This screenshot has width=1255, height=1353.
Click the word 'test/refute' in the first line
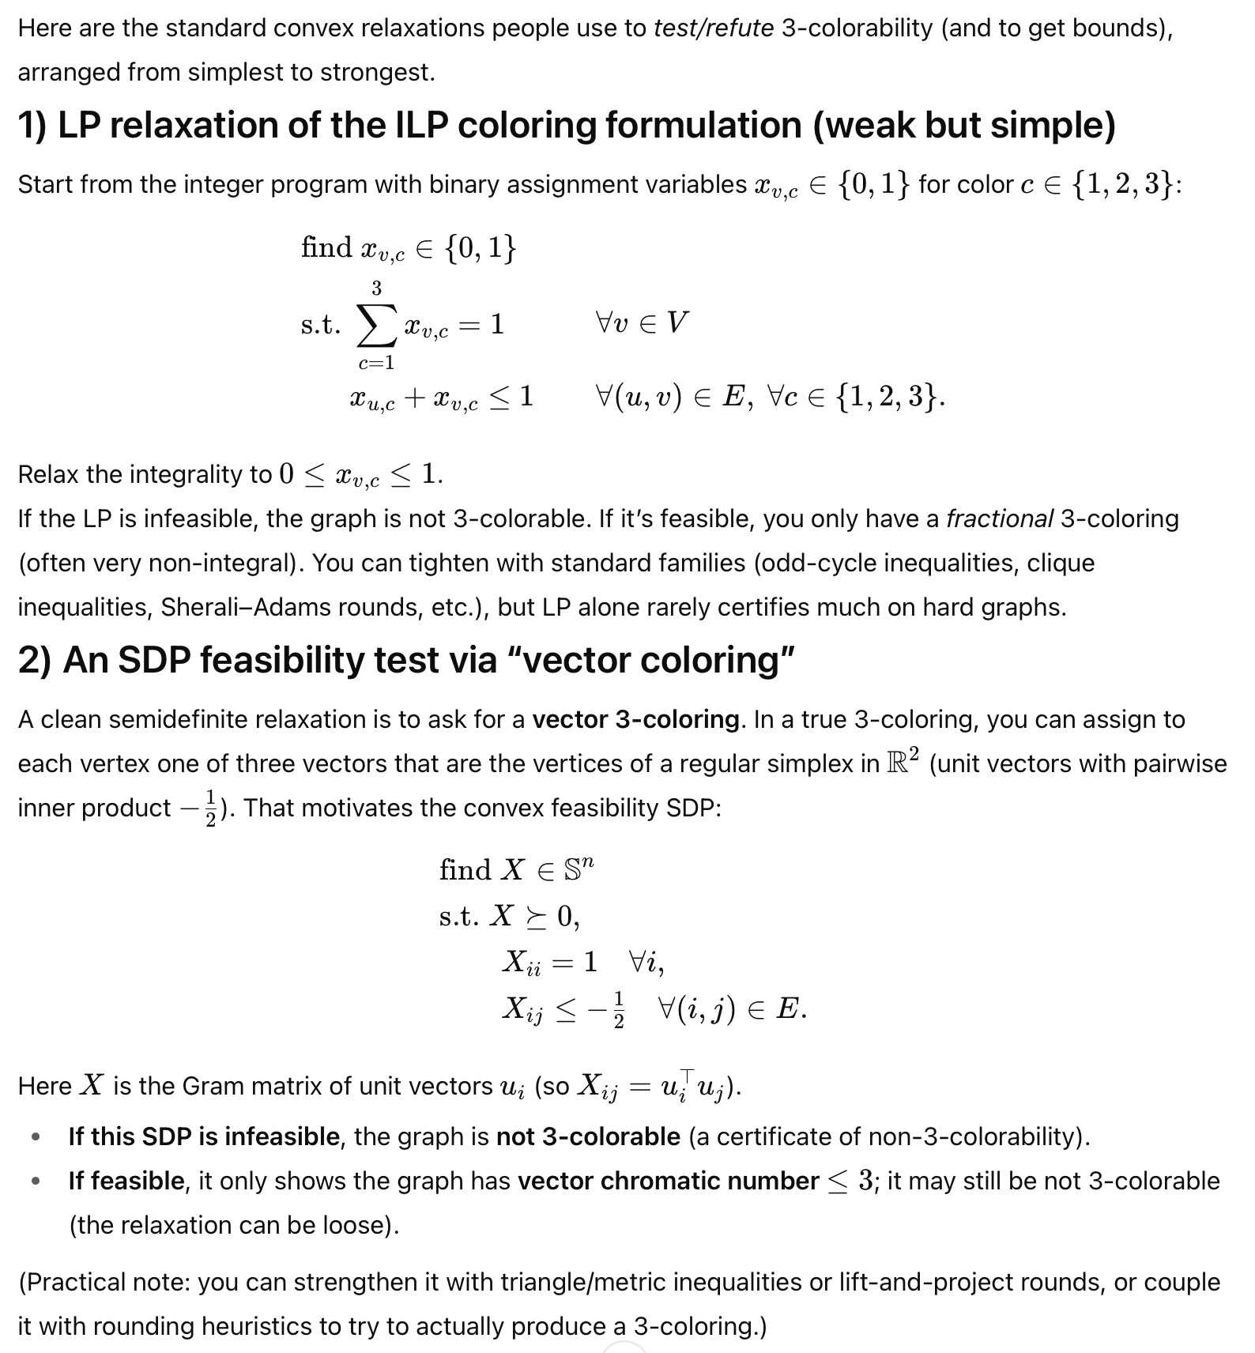(x=713, y=28)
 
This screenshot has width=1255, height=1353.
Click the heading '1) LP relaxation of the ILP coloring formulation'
(x=566, y=126)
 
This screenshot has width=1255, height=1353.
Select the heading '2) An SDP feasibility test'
(x=405, y=661)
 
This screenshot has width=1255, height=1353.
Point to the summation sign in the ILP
(x=376, y=325)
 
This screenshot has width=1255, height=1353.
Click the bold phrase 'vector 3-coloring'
(x=635, y=720)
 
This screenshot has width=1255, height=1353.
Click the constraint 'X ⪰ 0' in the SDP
(x=534, y=917)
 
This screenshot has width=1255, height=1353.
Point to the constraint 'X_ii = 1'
(x=549, y=963)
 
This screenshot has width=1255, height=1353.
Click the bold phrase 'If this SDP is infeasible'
(x=204, y=1137)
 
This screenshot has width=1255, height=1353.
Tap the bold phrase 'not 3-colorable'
(x=588, y=1137)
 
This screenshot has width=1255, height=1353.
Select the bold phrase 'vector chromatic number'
(x=668, y=1182)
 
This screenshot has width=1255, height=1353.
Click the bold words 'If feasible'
(x=126, y=1182)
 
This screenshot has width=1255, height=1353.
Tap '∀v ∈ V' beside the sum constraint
(x=641, y=322)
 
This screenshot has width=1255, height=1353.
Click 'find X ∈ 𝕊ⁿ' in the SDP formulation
(x=516, y=870)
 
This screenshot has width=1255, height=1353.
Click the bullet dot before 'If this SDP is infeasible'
(x=35, y=1138)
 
